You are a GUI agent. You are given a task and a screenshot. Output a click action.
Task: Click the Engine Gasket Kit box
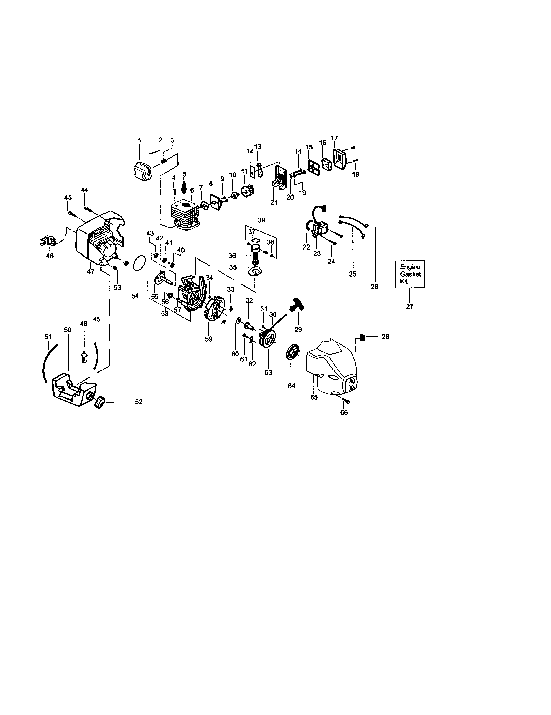coord(410,274)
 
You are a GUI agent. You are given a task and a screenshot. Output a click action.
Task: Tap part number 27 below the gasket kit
coord(409,306)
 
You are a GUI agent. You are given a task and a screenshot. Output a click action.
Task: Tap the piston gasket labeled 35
coord(256,271)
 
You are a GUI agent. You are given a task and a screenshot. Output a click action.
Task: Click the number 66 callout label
coord(344,413)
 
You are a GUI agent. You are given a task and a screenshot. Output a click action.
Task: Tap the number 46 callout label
coord(50,256)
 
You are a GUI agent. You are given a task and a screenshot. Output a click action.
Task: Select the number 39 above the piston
coord(261,220)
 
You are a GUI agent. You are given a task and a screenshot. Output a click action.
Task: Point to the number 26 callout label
coord(374,287)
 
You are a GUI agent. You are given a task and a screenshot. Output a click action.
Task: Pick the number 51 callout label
coord(48,337)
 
